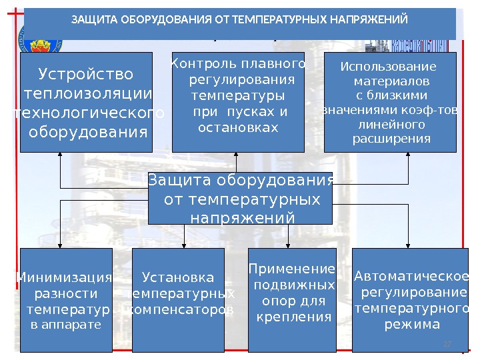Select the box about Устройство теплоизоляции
tap(86, 102)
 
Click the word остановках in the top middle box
tap(238, 127)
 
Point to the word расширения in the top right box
tap(391, 139)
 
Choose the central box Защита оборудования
tap(240, 199)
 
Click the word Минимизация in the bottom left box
tap(64, 277)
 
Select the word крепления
tap(294, 317)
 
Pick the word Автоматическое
tap(411, 277)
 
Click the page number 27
tap(447, 343)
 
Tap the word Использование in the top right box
tap(388, 67)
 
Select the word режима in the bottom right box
tap(413, 325)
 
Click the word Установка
tap(179, 277)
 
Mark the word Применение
tap(291, 269)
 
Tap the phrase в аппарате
tap(66, 325)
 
